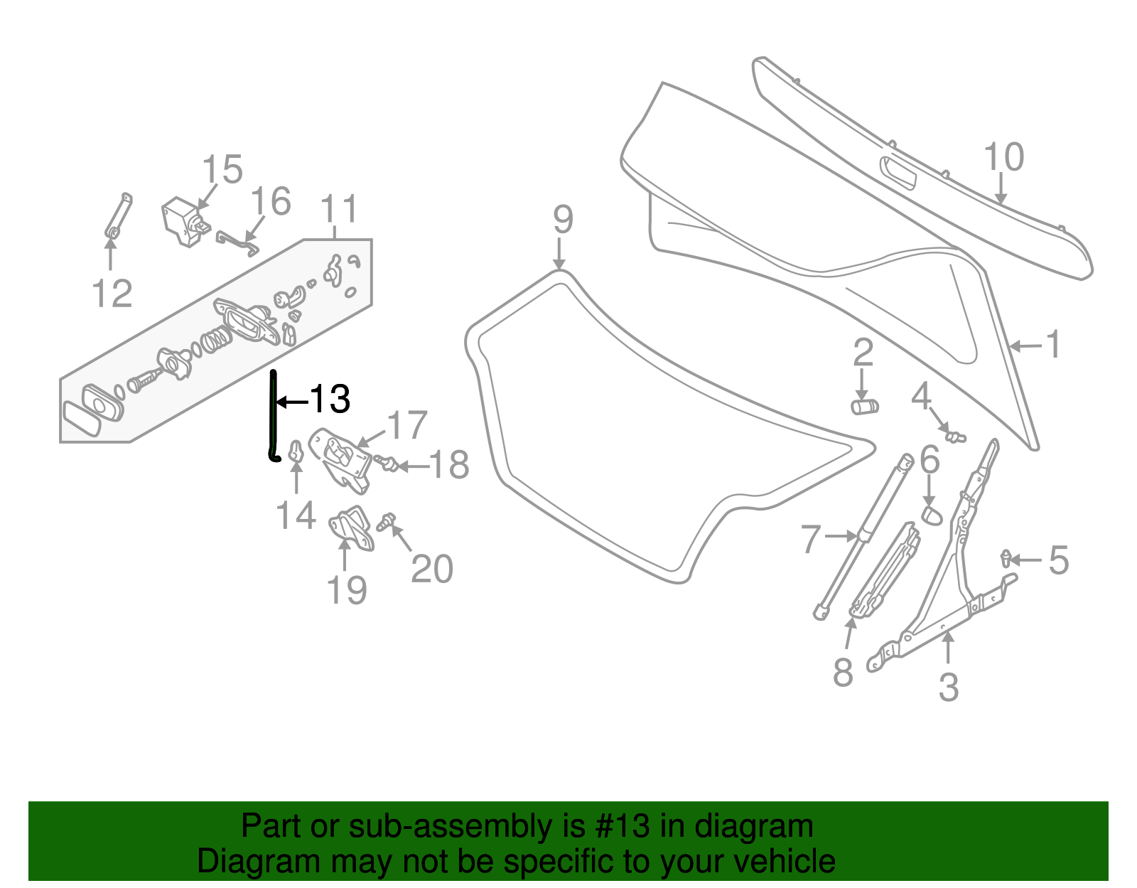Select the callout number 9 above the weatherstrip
point(562,220)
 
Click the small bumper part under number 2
point(865,407)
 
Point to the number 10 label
point(1003,158)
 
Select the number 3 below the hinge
point(949,688)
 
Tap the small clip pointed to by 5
point(1006,558)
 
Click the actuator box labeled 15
point(183,220)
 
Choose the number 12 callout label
point(112,294)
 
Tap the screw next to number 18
point(388,464)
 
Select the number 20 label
point(432,569)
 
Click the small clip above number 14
point(296,451)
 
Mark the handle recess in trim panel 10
point(897,172)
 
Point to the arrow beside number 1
point(1025,346)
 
